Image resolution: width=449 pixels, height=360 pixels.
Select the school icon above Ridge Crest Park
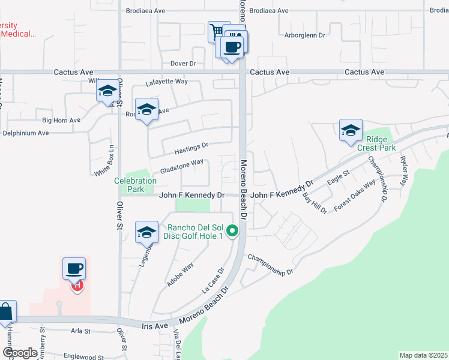351,130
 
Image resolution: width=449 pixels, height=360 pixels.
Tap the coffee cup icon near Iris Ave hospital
74,268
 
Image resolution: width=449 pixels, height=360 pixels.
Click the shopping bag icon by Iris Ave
5,312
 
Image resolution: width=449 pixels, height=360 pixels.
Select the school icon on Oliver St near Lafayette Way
107,91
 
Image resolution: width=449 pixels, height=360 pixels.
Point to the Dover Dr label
184,63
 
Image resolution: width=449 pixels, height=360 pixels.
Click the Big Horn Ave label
61,121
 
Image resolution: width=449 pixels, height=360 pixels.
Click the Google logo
20,353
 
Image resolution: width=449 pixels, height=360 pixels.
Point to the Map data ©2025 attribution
423,355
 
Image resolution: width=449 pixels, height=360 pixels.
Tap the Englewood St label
82,357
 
